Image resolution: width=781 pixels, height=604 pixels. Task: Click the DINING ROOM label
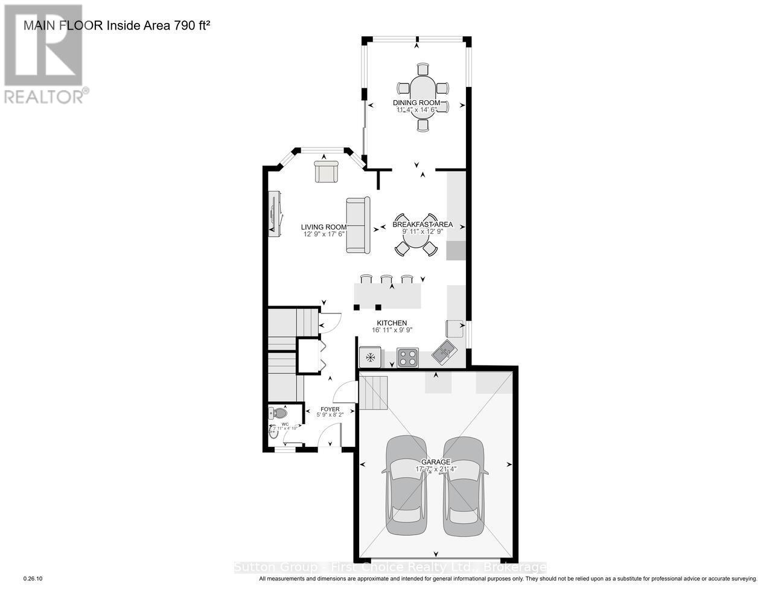click(x=416, y=103)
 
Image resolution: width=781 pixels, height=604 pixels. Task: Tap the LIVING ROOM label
click(x=325, y=227)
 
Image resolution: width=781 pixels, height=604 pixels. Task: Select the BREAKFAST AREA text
click(x=422, y=224)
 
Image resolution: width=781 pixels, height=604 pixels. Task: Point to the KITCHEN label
click(x=392, y=323)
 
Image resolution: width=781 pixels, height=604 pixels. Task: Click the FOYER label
click(x=330, y=409)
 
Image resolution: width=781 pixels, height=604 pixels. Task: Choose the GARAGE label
click(x=436, y=461)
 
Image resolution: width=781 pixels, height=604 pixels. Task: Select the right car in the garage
click(x=464, y=486)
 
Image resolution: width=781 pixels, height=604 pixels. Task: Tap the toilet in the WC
click(x=278, y=414)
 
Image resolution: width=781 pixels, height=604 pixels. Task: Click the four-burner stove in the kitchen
click(x=407, y=358)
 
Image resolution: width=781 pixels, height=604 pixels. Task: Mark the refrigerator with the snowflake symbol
click(x=370, y=358)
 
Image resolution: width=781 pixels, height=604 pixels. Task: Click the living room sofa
click(x=358, y=225)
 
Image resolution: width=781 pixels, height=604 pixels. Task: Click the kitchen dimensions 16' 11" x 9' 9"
click(x=392, y=330)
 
